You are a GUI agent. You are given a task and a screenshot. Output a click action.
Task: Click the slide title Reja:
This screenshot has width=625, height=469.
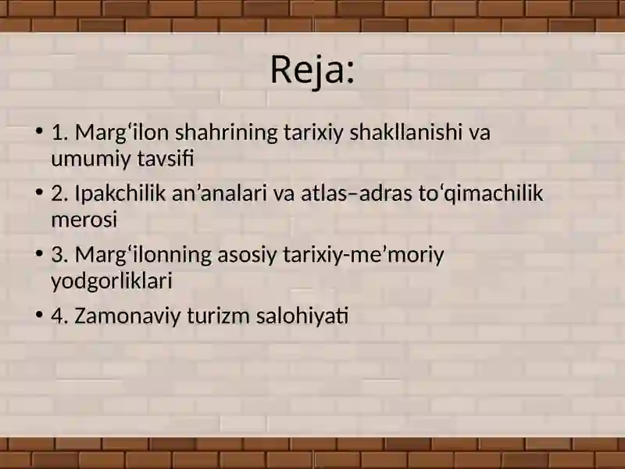312,70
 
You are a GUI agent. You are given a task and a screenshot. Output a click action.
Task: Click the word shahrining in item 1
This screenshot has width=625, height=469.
226,132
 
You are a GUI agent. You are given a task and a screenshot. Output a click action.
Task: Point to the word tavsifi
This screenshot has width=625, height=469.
166,159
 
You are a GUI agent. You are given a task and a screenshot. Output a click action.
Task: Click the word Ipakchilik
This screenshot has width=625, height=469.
120,193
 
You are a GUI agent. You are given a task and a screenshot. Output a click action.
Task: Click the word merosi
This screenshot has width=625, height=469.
84,220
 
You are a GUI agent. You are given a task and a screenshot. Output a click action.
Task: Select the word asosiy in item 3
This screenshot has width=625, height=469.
247,256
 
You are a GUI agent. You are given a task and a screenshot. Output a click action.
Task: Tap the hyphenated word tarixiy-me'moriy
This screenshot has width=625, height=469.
363,256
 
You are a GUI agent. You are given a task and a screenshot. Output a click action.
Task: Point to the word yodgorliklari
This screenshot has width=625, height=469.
112,281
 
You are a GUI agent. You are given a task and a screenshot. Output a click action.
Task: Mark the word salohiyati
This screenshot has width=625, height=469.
302,316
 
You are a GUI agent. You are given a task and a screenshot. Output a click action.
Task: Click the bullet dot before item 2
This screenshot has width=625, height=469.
38,192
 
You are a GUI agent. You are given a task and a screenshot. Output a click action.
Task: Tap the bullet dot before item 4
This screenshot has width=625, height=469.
38,315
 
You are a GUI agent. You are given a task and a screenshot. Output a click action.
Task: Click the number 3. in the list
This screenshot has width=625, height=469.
60,256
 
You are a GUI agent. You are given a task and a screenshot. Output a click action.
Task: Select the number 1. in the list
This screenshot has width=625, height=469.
60,133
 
